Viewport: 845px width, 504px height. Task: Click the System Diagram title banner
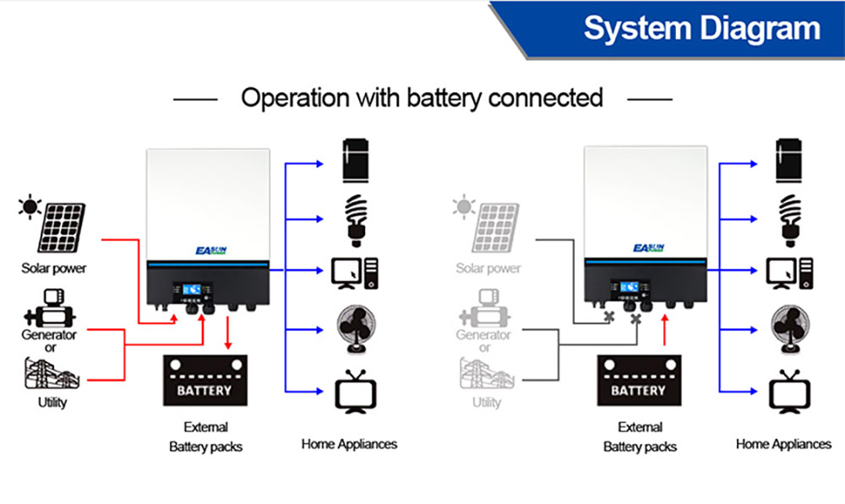[x=701, y=29]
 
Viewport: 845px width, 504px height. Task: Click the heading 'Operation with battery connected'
[x=422, y=97]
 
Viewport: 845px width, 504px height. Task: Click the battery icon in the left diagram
[x=204, y=381]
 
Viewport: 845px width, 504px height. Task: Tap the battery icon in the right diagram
[x=638, y=381]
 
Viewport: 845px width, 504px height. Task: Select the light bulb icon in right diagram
[x=789, y=217]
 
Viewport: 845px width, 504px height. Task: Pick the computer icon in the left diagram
[x=355, y=272]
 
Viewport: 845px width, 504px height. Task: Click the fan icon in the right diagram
[x=790, y=328]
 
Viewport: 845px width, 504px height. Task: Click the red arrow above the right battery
[x=666, y=330]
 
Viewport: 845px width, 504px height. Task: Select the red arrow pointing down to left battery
[x=229, y=337]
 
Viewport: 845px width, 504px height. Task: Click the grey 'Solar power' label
[x=488, y=268]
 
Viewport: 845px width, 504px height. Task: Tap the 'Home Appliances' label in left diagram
[x=349, y=444]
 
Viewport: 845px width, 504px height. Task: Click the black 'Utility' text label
[x=52, y=403]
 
